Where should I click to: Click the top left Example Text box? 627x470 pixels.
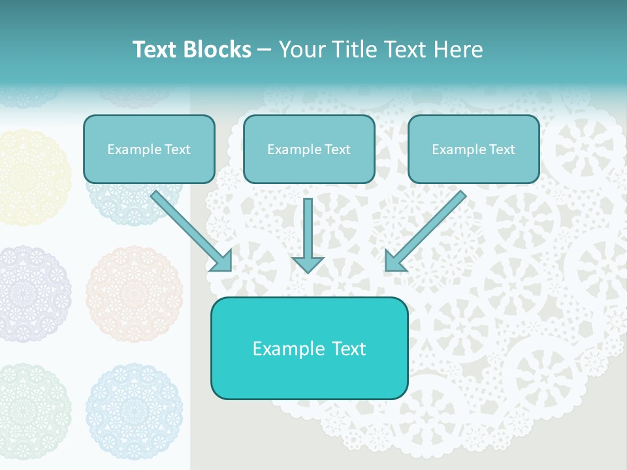149,149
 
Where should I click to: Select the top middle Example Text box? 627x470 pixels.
309,149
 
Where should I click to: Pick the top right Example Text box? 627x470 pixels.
474,149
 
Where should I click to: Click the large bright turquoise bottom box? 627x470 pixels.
309,348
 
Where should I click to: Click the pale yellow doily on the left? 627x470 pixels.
33,178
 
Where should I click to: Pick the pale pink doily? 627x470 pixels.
134,294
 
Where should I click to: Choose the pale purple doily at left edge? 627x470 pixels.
33,294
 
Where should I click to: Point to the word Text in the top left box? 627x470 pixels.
178,149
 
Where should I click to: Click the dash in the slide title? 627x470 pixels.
265,50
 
